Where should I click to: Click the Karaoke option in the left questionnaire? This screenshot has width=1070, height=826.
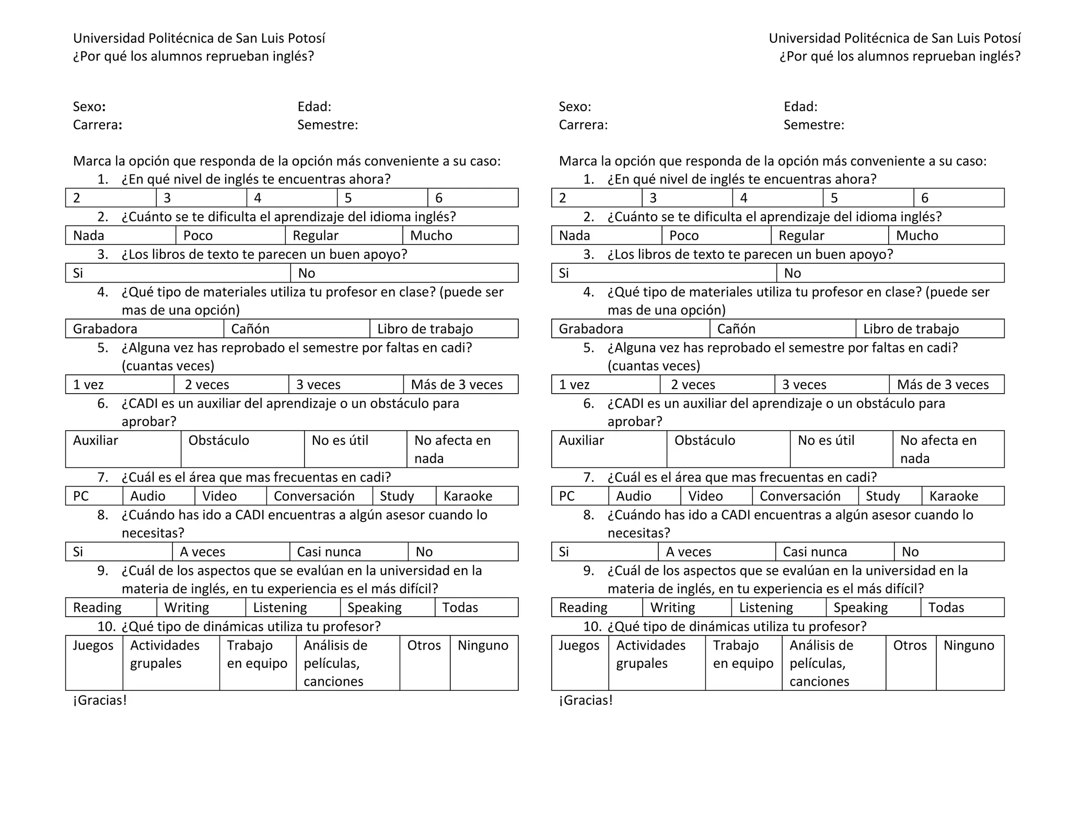click(468, 496)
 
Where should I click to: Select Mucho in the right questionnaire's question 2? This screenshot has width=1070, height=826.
click(917, 235)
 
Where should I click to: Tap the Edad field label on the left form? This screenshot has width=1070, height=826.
click(314, 107)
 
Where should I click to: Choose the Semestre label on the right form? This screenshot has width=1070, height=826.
click(813, 125)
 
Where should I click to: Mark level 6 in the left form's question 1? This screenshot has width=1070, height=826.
click(439, 198)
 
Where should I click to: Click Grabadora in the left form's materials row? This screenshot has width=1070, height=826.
click(105, 329)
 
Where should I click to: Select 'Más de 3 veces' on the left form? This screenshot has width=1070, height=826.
click(457, 385)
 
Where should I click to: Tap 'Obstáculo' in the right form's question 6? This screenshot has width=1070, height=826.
click(704, 441)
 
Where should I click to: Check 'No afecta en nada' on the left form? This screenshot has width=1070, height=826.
click(452, 449)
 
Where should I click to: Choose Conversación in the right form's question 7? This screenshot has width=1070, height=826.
click(800, 496)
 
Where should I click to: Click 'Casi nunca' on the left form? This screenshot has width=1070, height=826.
click(329, 552)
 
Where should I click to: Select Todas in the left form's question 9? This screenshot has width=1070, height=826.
click(460, 608)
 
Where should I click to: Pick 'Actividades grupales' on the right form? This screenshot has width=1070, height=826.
click(650, 654)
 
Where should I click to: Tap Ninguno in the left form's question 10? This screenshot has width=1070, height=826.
click(483, 645)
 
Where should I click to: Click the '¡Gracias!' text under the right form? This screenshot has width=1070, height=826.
click(585, 700)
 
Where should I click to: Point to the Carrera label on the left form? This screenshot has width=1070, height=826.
click(97, 125)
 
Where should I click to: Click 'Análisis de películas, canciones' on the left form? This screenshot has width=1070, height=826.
click(335, 663)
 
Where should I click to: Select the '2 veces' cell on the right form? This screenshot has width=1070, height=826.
click(692, 385)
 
